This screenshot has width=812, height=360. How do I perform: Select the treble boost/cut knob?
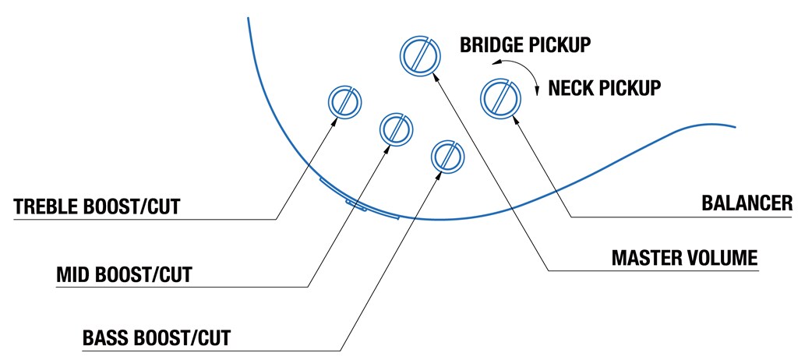click(343, 102)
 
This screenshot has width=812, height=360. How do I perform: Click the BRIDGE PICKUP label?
click(525, 44)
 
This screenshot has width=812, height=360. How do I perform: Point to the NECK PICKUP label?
click(605, 87)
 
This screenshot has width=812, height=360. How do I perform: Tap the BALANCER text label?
click(746, 204)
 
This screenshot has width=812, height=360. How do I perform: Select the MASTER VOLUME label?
click(684, 258)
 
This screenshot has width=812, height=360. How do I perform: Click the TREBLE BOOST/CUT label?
click(97, 207)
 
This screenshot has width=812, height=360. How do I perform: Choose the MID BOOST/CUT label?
click(125, 275)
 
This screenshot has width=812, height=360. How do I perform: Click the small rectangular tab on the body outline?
click(357, 205)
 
